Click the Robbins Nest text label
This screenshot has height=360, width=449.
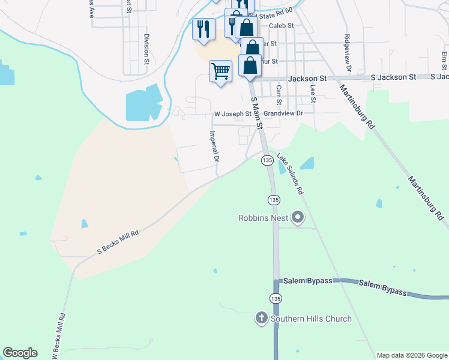point(263,218)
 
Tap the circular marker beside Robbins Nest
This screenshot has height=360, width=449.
point(297,219)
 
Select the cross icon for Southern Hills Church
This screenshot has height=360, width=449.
point(261,318)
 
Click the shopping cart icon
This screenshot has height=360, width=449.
point(220,71)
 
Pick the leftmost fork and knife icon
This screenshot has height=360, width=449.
point(203,28)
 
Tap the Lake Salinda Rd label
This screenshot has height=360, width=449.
point(290,174)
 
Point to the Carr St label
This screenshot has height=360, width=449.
point(279,94)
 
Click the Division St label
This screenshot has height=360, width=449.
point(146,49)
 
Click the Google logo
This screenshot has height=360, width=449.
point(20,353)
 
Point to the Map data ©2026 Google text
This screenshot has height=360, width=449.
point(411,355)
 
